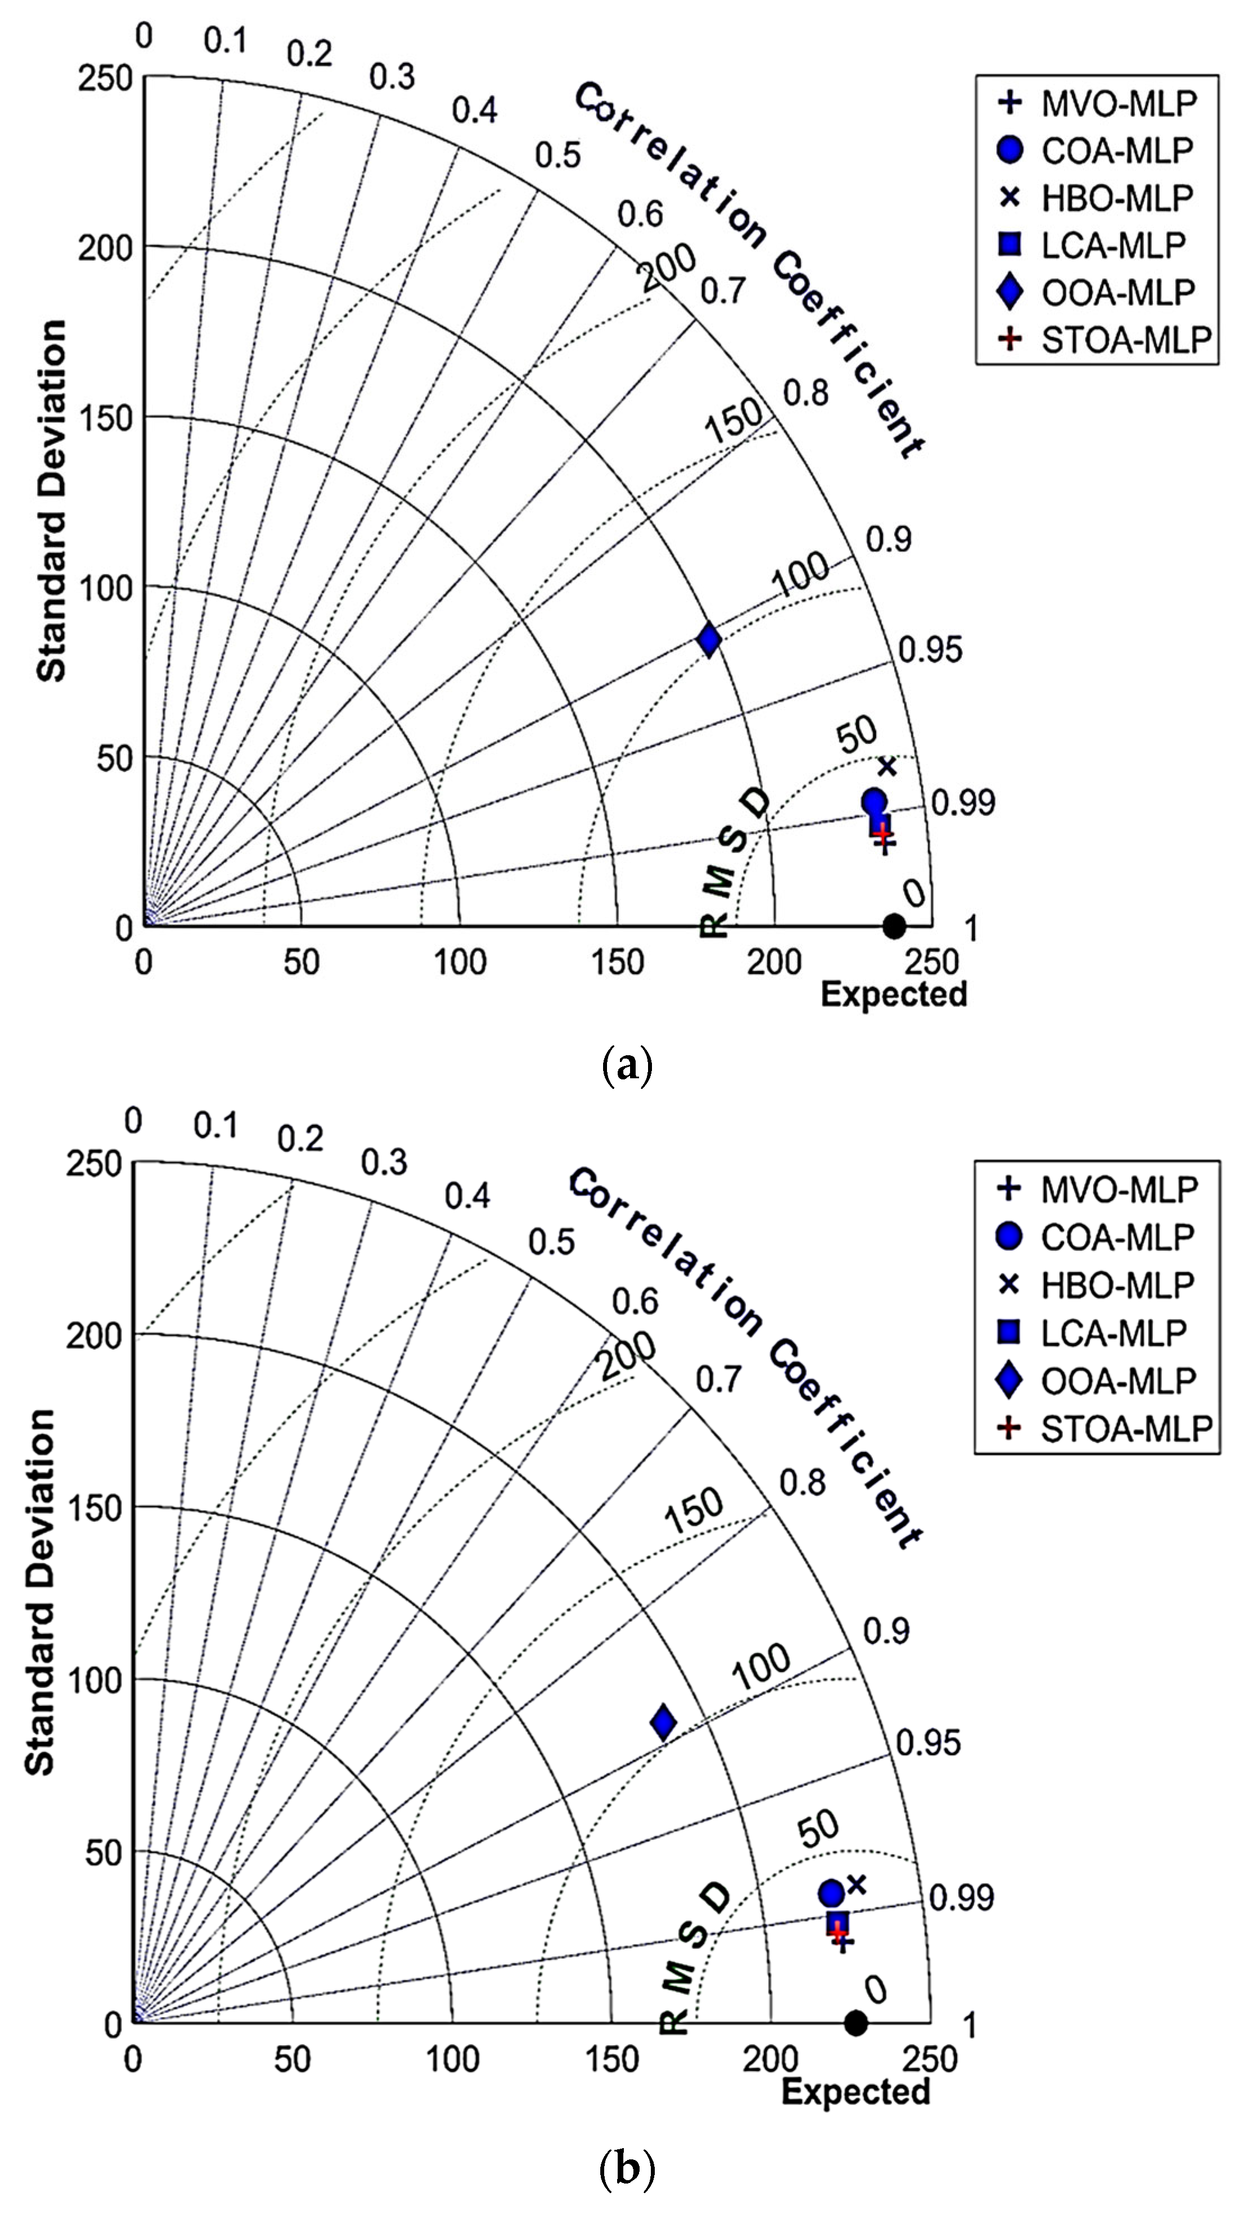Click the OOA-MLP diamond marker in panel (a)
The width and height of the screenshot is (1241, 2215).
coord(709,640)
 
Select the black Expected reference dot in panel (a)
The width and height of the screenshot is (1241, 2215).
coord(894,926)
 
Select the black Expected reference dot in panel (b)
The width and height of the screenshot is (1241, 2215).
coord(855,2022)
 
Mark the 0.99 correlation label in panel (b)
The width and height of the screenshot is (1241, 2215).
coord(962,1898)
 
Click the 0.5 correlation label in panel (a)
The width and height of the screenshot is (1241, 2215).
coord(558,155)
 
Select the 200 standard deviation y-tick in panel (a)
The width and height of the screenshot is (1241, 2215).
coord(105,248)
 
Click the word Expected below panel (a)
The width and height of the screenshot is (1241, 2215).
coord(894,994)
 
